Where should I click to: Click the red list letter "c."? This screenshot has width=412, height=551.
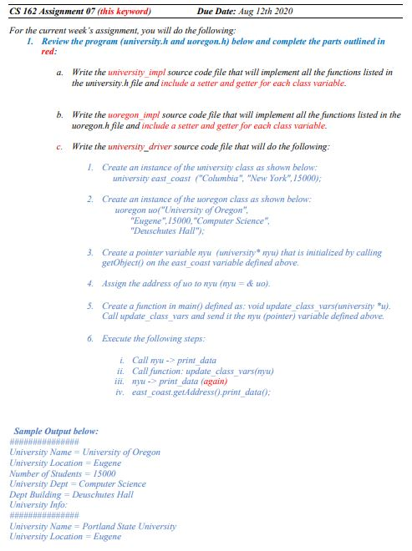coord(58,147)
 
